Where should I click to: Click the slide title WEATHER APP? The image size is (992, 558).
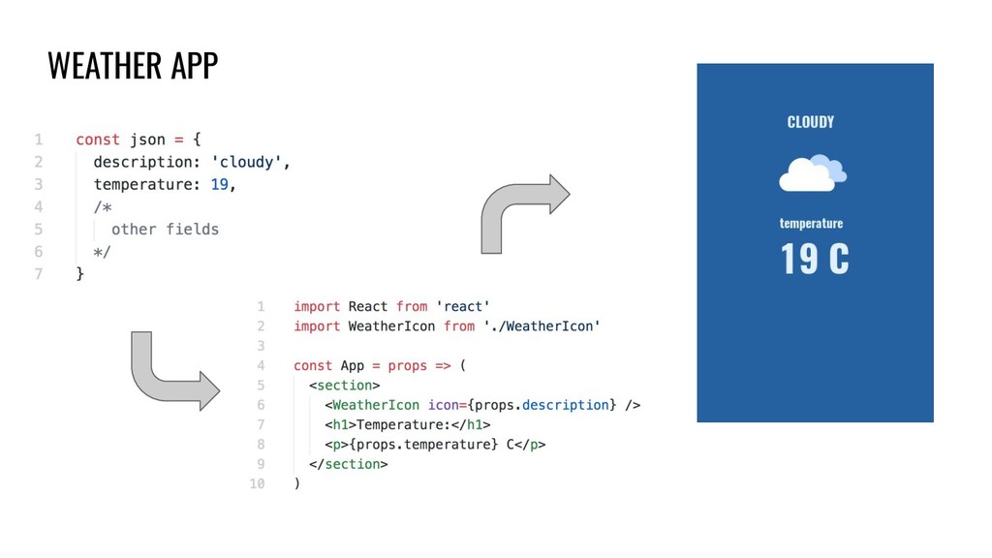point(133,66)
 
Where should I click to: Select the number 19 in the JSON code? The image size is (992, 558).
point(222,184)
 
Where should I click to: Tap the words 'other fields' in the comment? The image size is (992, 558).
point(165,230)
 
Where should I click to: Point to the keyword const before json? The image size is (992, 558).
point(97,139)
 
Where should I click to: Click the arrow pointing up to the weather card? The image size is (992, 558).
point(524,212)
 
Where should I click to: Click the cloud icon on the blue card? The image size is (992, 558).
point(812,173)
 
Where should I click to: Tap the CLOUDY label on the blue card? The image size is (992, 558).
point(811,122)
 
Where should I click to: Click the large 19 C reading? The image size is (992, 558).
point(815,260)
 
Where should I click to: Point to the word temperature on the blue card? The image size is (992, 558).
point(811,223)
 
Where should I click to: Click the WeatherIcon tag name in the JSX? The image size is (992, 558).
point(376,405)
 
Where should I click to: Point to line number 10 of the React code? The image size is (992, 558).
point(257,483)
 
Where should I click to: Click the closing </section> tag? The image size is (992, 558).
point(349,464)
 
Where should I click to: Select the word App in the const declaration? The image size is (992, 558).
point(352,365)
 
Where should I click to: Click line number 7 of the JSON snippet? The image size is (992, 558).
point(39,274)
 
